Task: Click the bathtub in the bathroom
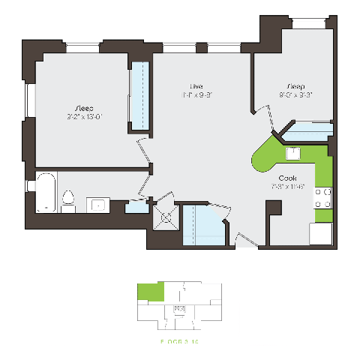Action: pyautogui.click(x=43, y=193)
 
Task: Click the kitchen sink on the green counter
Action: pyautogui.click(x=293, y=154)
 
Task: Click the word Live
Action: pyautogui.click(x=196, y=85)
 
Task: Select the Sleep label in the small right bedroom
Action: pyautogui.click(x=295, y=85)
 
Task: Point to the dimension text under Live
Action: pyautogui.click(x=196, y=95)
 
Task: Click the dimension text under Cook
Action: pyautogui.click(x=289, y=187)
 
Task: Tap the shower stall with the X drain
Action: pyautogui.click(x=163, y=217)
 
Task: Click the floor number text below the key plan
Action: pyautogui.click(x=179, y=341)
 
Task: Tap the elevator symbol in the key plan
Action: pyautogui.click(x=180, y=308)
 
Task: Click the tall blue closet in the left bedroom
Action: pyautogui.click(x=139, y=96)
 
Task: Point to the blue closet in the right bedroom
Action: pyautogui.click(x=307, y=132)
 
